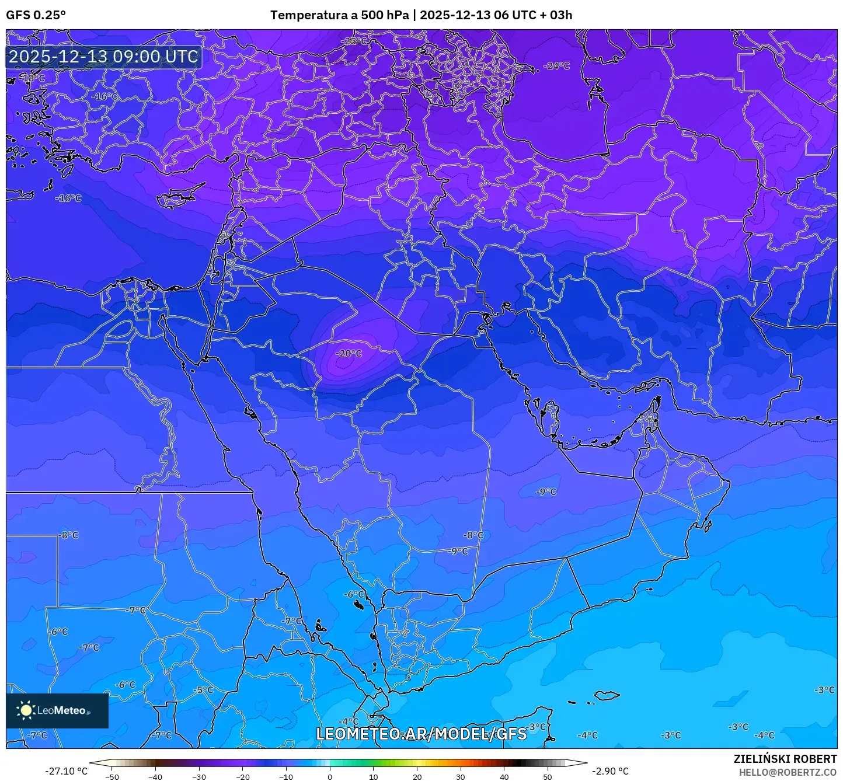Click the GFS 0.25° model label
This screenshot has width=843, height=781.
(x=36, y=15)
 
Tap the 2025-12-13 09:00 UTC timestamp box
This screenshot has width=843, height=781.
(x=103, y=57)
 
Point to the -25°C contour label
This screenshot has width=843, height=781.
(x=354, y=41)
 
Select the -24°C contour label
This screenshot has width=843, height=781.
(x=556, y=66)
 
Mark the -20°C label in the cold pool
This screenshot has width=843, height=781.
(x=349, y=354)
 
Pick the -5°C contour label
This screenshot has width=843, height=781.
(x=203, y=690)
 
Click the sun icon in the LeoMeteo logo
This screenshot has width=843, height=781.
(x=26, y=710)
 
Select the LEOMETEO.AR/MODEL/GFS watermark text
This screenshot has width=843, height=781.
(x=421, y=734)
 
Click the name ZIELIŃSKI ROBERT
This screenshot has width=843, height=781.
(x=785, y=759)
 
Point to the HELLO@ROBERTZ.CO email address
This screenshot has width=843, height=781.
(x=788, y=772)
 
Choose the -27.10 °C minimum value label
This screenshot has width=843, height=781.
(x=66, y=771)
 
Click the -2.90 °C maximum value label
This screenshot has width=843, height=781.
(x=610, y=771)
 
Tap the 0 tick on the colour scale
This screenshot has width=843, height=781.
(x=330, y=777)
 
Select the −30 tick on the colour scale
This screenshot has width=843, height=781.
(x=199, y=777)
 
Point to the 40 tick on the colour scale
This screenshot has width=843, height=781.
(x=504, y=777)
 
